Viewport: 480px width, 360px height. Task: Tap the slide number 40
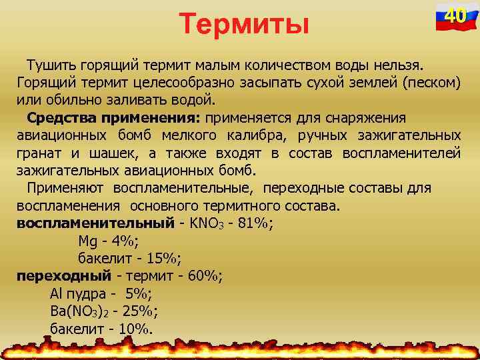[455, 15]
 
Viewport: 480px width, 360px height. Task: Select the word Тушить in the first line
[51, 66]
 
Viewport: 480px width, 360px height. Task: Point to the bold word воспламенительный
[94, 223]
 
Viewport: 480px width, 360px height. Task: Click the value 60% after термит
[203, 275]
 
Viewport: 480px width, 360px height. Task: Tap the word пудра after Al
[83, 293]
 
